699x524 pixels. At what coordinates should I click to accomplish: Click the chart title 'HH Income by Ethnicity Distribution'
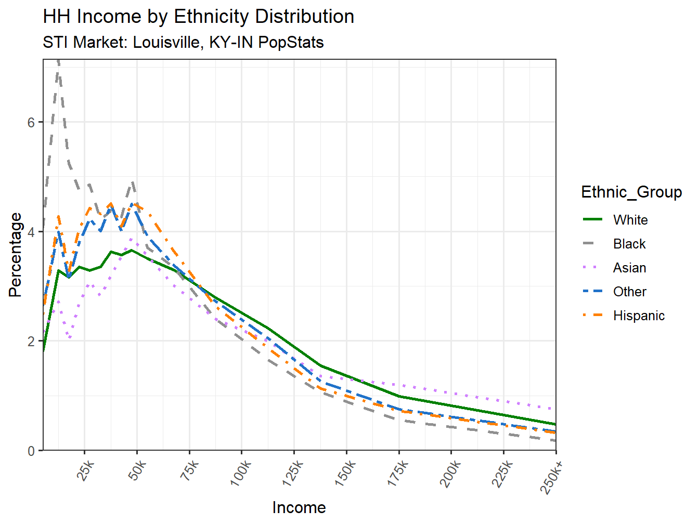point(198,17)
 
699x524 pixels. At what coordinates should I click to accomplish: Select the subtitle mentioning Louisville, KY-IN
point(183,42)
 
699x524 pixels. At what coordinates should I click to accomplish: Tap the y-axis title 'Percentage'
point(16,255)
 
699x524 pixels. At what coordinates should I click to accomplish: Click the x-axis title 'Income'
point(299,507)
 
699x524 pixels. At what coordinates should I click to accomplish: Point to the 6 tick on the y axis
point(31,122)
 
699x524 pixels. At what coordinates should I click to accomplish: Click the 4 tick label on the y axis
point(31,232)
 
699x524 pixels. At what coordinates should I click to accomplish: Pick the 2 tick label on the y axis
point(31,342)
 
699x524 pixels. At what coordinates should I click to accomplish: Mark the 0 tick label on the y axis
point(31,451)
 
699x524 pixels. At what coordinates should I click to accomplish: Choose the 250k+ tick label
point(552,476)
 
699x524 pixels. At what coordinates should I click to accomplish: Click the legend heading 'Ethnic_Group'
point(631,192)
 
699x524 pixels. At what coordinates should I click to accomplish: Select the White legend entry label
point(630,220)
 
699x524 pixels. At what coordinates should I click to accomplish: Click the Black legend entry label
point(629,244)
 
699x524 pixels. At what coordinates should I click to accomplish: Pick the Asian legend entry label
point(629,268)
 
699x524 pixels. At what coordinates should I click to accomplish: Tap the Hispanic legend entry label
point(639,316)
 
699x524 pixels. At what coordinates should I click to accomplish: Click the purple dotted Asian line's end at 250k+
point(555,409)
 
